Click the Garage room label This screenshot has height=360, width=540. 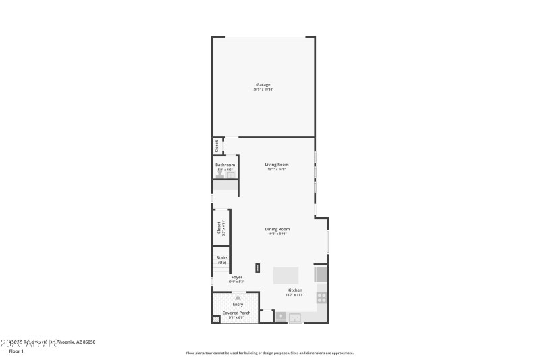pos(263,85)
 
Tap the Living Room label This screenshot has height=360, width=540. pos(277,165)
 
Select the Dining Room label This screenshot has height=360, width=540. pos(277,230)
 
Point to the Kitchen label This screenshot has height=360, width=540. pos(294,290)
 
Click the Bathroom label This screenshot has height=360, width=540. pos(225,165)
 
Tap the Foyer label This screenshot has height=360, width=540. pos(237,277)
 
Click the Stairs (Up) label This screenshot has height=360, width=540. pos(221,260)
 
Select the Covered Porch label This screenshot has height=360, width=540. pos(236,313)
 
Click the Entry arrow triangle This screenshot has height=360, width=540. pos(238,297)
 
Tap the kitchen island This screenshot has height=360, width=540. pos(286,275)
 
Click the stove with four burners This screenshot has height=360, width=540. pos(322,296)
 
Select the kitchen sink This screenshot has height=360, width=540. pos(296,317)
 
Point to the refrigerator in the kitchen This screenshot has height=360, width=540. pos(321,274)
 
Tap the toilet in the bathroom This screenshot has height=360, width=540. pos(219,175)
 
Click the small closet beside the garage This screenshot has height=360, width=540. pos(217,145)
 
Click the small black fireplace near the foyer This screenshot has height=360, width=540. pos(256,267)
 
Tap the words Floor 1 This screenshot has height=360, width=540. pos(16,351)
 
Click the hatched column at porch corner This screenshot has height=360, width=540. pos(216,319)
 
